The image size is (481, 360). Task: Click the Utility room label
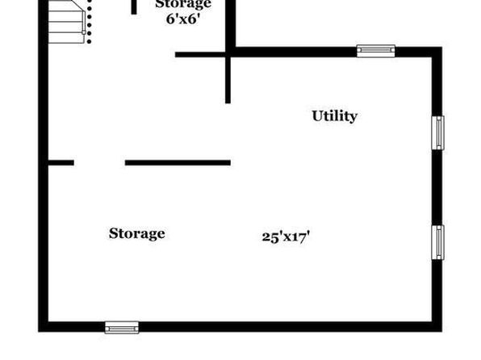pos(335,116)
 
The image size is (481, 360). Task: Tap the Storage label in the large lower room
pos(137,233)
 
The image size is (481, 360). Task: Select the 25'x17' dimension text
pos(286,237)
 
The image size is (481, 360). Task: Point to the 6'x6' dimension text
pos(183,19)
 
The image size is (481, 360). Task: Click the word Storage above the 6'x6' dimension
pos(183,4)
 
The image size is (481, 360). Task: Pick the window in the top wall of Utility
pos(376,51)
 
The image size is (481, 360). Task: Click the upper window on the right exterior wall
pos(437,132)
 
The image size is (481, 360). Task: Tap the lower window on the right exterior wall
pos(437,242)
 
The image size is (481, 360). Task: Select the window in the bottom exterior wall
pos(122,328)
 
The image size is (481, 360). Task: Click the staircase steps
pos(66,22)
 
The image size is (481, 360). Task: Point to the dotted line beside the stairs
pos(89,22)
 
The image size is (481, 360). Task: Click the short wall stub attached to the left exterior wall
pos(61,163)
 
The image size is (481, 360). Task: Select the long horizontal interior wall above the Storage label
pos(178,163)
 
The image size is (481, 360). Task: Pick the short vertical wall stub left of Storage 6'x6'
pos(134,6)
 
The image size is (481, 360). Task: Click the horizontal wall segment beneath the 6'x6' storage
pos(201,55)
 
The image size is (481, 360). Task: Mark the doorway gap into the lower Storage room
pos(99,163)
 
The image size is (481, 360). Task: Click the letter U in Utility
pos(317,115)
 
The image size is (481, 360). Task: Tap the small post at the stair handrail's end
pos(83,32)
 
